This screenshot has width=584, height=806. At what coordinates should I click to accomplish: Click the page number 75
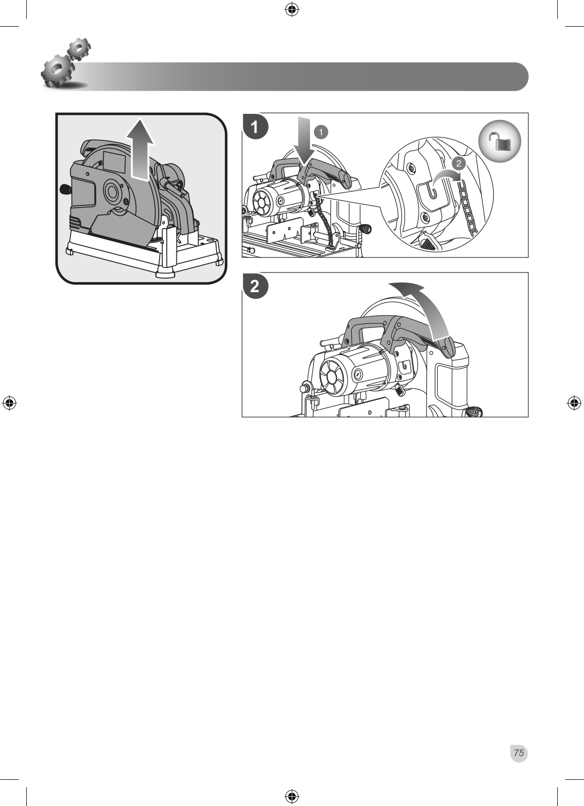point(519,753)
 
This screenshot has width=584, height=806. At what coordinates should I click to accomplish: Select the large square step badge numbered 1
point(255,127)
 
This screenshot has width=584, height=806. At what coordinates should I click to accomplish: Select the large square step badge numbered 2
point(255,287)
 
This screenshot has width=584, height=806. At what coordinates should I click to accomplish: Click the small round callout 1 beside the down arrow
point(321,132)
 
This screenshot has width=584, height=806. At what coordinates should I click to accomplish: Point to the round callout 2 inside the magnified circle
point(458,163)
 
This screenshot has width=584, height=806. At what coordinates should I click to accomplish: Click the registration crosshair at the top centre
point(292,10)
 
